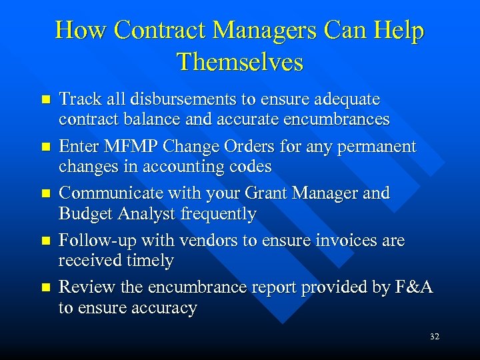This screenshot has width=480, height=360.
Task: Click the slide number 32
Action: pos(435,337)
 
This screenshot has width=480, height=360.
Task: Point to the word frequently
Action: pos(225,214)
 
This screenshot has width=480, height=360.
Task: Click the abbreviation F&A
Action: pos(415,287)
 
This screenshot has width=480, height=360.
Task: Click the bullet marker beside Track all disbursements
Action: pos(45,100)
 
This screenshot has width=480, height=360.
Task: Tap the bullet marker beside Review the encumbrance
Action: pos(45,288)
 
